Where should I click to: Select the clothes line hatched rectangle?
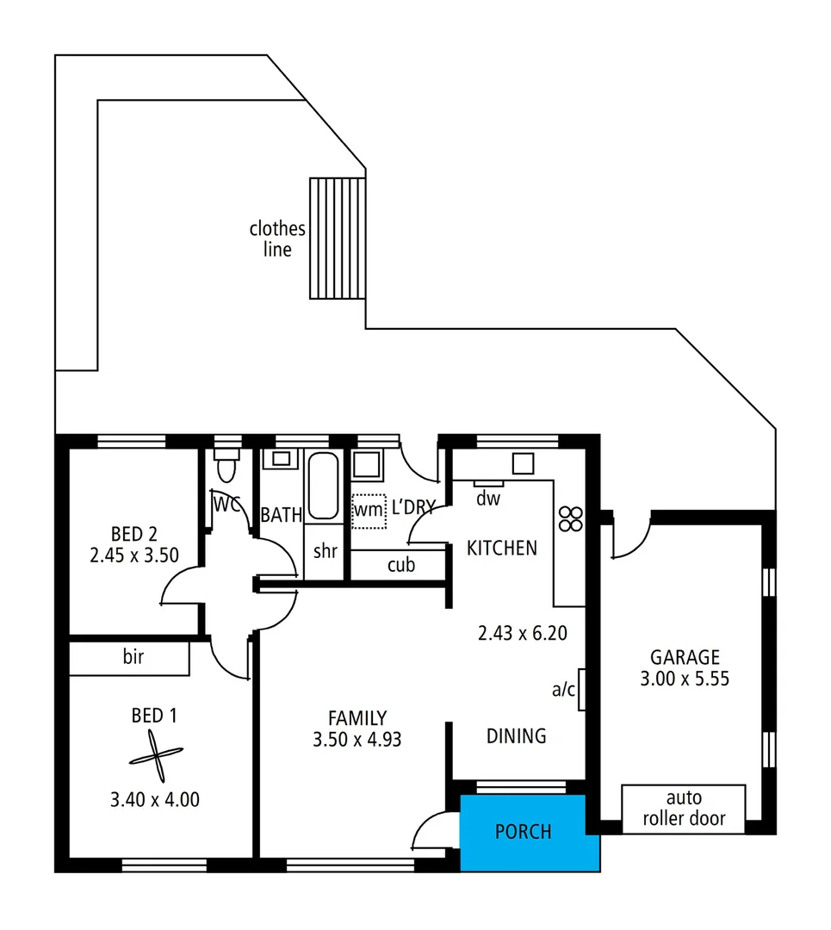click(x=338, y=239)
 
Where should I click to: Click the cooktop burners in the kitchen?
click(x=571, y=518)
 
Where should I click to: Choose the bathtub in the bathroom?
click(x=323, y=486)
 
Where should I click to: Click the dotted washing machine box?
click(x=369, y=507)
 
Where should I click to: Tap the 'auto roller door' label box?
click(x=683, y=809)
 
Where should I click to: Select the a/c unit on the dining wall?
click(x=582, y=689)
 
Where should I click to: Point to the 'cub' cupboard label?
click(x=401, y=565)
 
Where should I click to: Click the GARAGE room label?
click(x=685, y=657)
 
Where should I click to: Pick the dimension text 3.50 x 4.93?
click(x=357, y=739)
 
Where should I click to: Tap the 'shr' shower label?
click(x=325, y=552)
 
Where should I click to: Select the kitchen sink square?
click(x=524, y=463)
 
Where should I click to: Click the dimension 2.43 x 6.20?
click(x=523, y=634)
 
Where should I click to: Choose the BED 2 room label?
click(x=133, y=534)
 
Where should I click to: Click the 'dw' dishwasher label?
click(x=488, y=498)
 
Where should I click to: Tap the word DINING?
click(x=517, y=736)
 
